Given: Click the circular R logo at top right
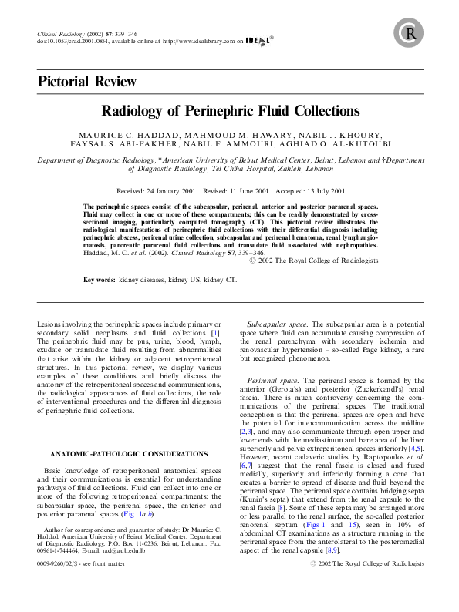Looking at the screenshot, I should pyautogui.click(x=409, y=32).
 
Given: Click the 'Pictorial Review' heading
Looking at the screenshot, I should pyautogui.click(x=87, y=82).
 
